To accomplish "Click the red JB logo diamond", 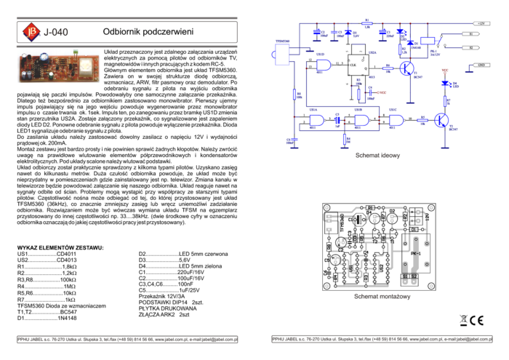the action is pos(31,31).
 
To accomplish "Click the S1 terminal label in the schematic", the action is pos(473,34).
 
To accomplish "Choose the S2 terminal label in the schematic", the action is pos(473,47).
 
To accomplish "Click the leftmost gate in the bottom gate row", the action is pos(317,120).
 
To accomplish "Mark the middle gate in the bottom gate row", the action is pos(361,120).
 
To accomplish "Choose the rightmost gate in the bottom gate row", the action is pos(396,120).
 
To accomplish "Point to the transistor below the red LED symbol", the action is pos(441,120).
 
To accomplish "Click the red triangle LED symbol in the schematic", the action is pos(446,72).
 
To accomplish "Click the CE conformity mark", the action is pos(478,321).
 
